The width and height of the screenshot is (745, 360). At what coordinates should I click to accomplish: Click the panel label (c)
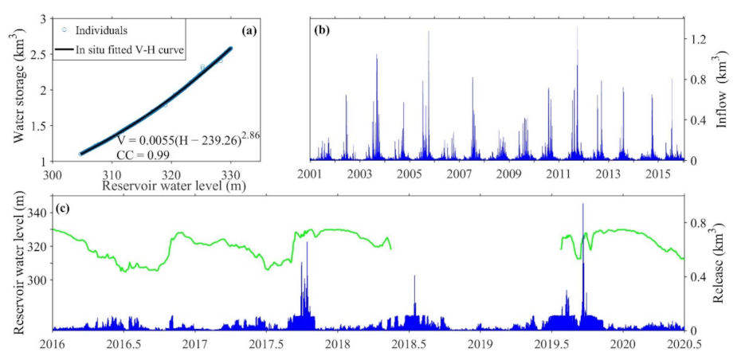[x=65, y=209]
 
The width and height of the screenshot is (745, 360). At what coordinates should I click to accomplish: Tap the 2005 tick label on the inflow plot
[x=409, y=174]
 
